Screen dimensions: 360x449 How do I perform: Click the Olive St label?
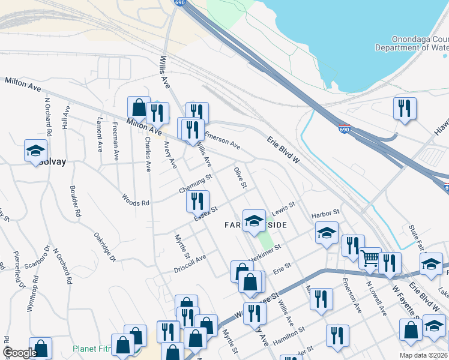pyautogui.click(x=240, y=177)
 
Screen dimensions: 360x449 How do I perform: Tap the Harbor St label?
pyautogui.click(x=325, y=213)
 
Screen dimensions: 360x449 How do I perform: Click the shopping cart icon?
pyautogui.click(x=370, y=258)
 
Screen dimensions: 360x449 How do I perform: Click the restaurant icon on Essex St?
pyautogui.click(x=197, y=202)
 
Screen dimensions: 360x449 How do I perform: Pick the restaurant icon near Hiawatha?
pyautogui.click(x=403, y=109)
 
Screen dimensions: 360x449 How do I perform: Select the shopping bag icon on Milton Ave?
pyautogui.click(x=139, y=108)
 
